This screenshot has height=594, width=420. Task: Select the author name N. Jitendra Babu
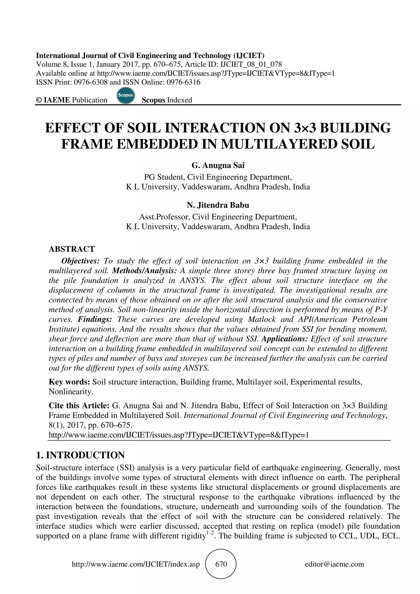click(218, 205)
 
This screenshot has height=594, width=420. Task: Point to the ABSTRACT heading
click(72, 249)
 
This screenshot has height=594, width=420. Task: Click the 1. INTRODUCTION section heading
click(80, 455)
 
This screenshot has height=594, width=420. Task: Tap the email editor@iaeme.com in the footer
click(334, 564)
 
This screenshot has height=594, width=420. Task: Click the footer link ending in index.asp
click(136, 564)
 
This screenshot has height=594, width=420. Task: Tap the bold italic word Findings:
click(95, 319)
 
